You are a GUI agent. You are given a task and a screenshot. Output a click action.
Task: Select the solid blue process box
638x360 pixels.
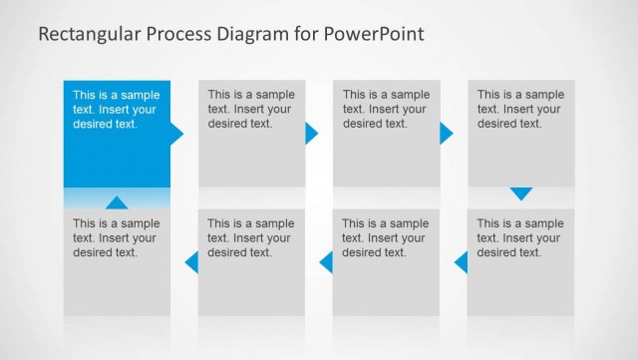[117, 150]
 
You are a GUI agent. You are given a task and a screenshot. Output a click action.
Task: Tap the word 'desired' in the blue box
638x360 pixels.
[93, 125]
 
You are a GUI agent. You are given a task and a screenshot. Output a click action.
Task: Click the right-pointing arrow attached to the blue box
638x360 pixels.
[176, 134]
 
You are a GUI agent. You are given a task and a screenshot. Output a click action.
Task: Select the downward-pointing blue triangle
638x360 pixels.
[521, 193]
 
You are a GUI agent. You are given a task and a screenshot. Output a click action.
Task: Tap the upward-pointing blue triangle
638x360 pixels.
[117, 202]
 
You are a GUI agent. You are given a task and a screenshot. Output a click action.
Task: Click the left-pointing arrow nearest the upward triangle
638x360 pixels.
[192, 262]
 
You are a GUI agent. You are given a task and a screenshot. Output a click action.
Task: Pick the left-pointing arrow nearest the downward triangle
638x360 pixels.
[462, 262]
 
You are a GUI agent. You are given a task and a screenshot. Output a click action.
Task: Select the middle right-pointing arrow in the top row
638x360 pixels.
[311, 134]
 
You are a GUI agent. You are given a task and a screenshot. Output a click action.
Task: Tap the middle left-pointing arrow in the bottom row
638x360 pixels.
[326, 262]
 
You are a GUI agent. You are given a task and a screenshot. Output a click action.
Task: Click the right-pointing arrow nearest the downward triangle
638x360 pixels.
[446, 134]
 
